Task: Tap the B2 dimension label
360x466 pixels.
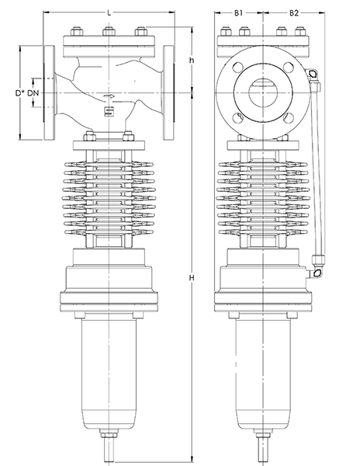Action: (295, 13)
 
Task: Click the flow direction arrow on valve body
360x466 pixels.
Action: (109, 97)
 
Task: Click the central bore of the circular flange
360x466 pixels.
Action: (260, 92)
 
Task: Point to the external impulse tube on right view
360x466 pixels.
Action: (318, 171)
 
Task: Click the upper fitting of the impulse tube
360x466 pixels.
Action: (313, 75)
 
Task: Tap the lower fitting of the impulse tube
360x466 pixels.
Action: (317, 273)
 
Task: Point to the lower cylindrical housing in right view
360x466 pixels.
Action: (260, 373)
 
